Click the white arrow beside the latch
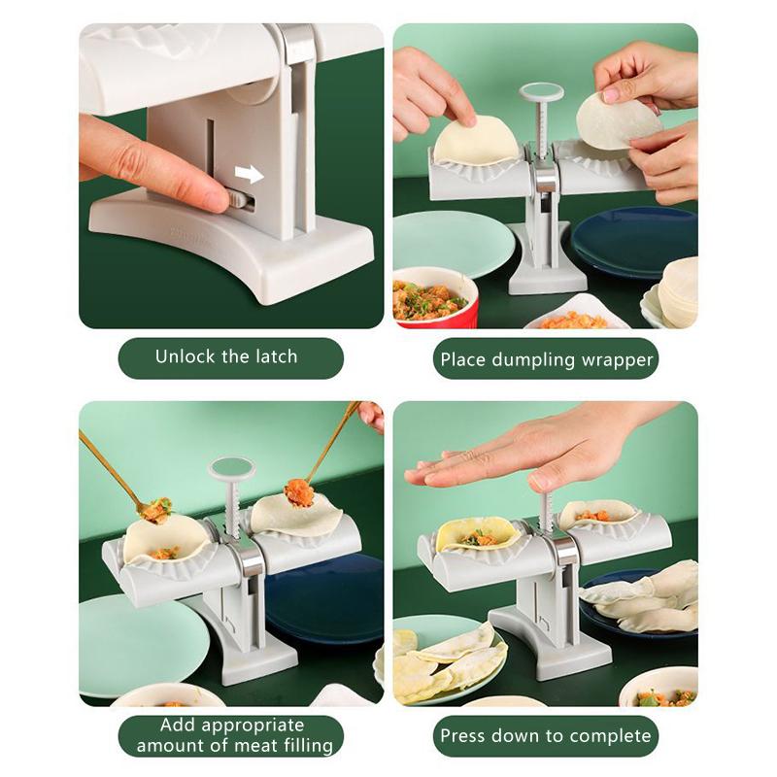[x=250, y=174]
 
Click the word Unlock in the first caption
[x=184, y=356]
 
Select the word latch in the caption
[x=277, y=356]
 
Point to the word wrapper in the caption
[x=617, y=360]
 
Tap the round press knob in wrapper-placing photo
[x=541, y=93]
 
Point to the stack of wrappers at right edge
[x=678, y=292]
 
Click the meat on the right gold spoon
[x=299, y=492]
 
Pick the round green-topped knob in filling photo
[x=231, y=469]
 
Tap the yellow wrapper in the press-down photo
[x=478, y=535]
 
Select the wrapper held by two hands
[x=618, y=121]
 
